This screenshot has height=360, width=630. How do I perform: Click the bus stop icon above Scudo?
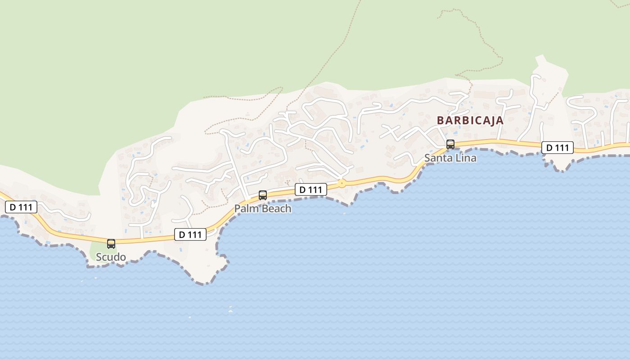click(x=111, y=244)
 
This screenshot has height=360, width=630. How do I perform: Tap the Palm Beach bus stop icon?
click(x=263, y=195)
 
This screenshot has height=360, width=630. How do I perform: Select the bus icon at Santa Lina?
click(x=450, y=144)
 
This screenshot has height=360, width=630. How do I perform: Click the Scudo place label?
click(x=111, y=257)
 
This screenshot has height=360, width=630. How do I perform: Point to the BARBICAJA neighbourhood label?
click(x=470, y=121)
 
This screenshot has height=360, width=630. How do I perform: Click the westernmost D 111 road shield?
click(x=21, y=207)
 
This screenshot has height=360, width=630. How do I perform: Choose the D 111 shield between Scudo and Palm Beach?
click(x=190, y=234)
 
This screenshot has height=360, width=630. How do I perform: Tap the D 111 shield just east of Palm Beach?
click(x=311, y=189)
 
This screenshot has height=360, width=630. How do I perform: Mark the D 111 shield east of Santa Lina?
click(x=558, y=148)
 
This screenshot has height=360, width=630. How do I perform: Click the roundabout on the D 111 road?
click(x=342, y=183)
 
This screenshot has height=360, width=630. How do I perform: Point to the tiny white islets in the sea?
click(x=230, y=310)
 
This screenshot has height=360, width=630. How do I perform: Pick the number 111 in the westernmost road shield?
click(x=26, y=207)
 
